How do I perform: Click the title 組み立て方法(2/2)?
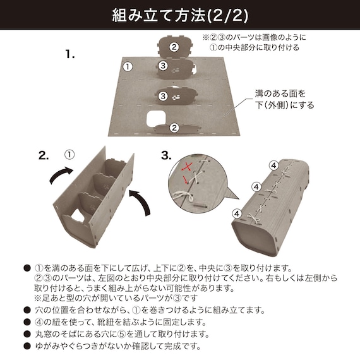[180, 14]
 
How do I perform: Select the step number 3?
[167, 155]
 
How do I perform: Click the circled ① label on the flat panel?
[127, 66]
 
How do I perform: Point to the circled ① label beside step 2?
[69, 153]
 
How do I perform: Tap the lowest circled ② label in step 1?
[174, 128]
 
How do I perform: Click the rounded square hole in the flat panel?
[155, 117]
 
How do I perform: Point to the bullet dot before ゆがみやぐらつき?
[27, 346]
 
